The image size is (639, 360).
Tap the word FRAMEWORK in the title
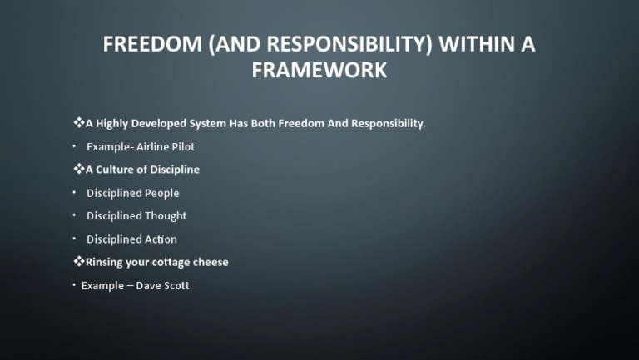tap(319, 71)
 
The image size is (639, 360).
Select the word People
tap(162, 193)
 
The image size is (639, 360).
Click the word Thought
tap(166, 216)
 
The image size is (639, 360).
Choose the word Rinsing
tap(106, 262)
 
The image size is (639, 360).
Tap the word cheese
tap(211, 262)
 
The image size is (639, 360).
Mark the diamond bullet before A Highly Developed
tap(79, 123)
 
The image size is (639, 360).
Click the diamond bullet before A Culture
tap(79, 170)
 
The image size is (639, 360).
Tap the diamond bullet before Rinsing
tap(79, 262)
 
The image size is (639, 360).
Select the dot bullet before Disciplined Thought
tap(73, 215)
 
